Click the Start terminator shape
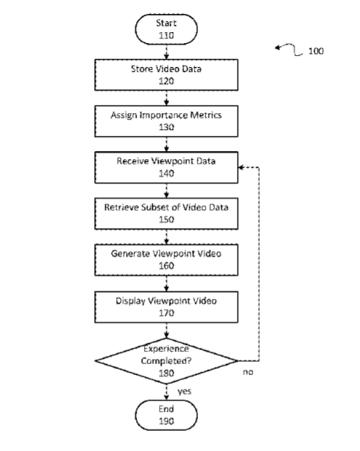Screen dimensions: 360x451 pyautogui.click(x=166, y=29)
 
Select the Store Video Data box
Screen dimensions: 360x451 pyautogui.click(x=166, y=75)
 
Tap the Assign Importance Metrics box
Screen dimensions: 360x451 pyautogui.click(x=166, y=121)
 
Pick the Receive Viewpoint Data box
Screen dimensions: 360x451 pyautogui.click(x=166, y=167)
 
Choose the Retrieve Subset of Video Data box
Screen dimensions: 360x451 pyautogui.click(x=166, y=213)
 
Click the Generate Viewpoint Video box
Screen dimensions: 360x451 pyautogui.click(x=166, y=260)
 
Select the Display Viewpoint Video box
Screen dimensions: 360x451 pyautogui.click(x=166, y=307)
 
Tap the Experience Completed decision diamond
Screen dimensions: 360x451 pyautogui.click(x=166, y=360)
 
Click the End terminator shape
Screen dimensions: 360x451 pyautogui.click(x=166, y=415)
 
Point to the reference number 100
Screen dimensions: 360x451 pyautogui.click(x=315, y=51)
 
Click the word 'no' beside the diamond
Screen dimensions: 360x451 pyautogui.click(x=248, y=372)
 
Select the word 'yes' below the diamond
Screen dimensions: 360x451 pyautogui.click(x=184, y=392)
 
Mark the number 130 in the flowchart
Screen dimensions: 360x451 pyautogui.click(x=166, y=127)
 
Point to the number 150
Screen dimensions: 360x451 pyautogui.click(x=166, y=219)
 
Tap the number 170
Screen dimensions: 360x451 pyautogui.click(x=166, y=313)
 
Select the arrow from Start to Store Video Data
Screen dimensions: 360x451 pyautogui.click(x=166, y=52)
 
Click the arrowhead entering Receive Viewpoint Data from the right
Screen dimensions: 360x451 pyautogui.click(x=241, y=167)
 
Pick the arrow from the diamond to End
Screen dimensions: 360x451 pyautogui.click(x=166, y=392)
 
